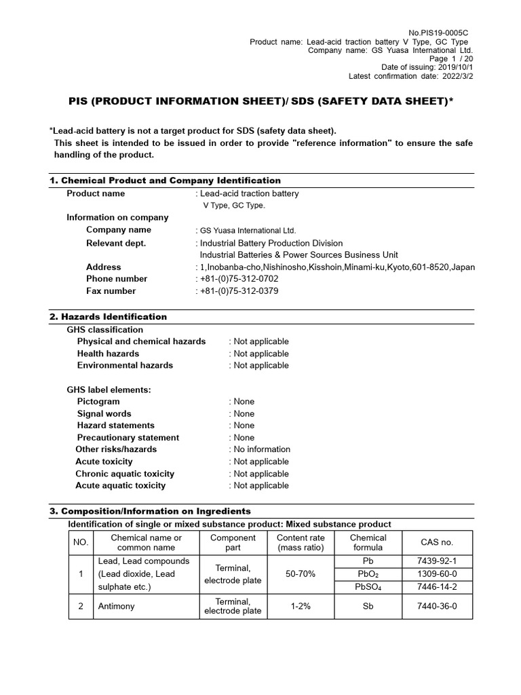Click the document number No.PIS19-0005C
(439, 33)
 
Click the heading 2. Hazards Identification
(109, 317)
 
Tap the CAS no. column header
(437, 542)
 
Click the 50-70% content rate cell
(301, 574)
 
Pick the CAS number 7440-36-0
(437, 606)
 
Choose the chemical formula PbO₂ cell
(368, 574)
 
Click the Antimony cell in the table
(117, 606)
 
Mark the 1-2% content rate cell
(301, 606)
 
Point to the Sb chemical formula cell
(368, 606)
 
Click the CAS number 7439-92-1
(437, 561)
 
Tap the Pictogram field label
(98, 402)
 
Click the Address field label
(104, 267)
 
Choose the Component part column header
(233, 542)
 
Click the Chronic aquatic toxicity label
(125, 474)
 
